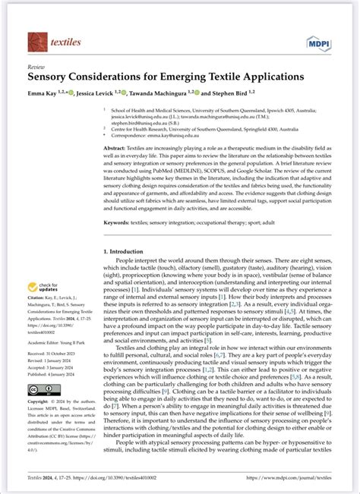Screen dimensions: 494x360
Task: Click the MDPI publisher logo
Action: click(x=315, y=42)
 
